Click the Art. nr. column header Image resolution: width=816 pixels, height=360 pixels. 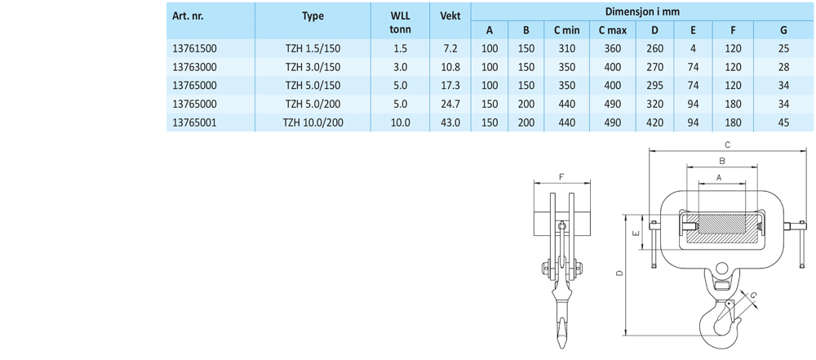(188, 16)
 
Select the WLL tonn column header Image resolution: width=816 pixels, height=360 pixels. (400, 22)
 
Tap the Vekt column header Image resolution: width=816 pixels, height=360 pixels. (450, 16)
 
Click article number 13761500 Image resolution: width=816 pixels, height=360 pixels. (194, 49)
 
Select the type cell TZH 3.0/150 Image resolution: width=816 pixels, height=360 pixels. (313, 67)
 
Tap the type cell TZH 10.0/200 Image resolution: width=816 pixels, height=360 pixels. (313, 122)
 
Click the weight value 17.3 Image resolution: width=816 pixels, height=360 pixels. (450, 86)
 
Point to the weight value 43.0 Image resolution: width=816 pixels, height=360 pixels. (450, 122)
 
